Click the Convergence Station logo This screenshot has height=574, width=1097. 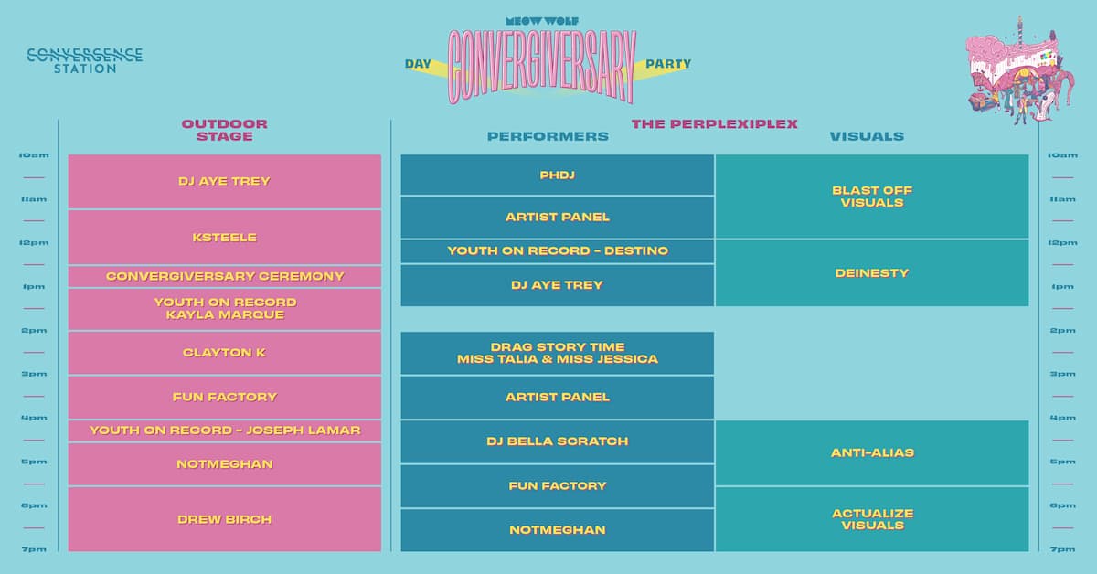point(85,60)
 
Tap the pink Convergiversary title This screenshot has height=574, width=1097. point(541,67)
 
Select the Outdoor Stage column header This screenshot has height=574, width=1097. point(225,130)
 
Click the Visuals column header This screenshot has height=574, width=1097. point(867,136)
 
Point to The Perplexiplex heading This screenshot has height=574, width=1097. point(715,124)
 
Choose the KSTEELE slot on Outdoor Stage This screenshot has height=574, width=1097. point(225,237)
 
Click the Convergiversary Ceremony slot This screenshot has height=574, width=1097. point(225,276)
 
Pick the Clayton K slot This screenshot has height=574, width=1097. point(225,353)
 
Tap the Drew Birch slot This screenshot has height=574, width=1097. point(225,519)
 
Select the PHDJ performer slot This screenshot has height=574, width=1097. point(558,175)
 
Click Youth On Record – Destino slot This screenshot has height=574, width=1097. point(558,250)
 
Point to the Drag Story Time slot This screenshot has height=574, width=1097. point(558,353)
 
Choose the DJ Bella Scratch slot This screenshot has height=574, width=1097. point(558,441)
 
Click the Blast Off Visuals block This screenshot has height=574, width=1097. point(872,197)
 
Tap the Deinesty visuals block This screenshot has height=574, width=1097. point(872,272)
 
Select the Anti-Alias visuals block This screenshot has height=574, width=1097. point(872,452)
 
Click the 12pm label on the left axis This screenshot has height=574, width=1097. point(34,243)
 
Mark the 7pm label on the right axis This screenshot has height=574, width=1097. point(1062,549)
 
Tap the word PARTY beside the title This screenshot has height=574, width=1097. point(668,64)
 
